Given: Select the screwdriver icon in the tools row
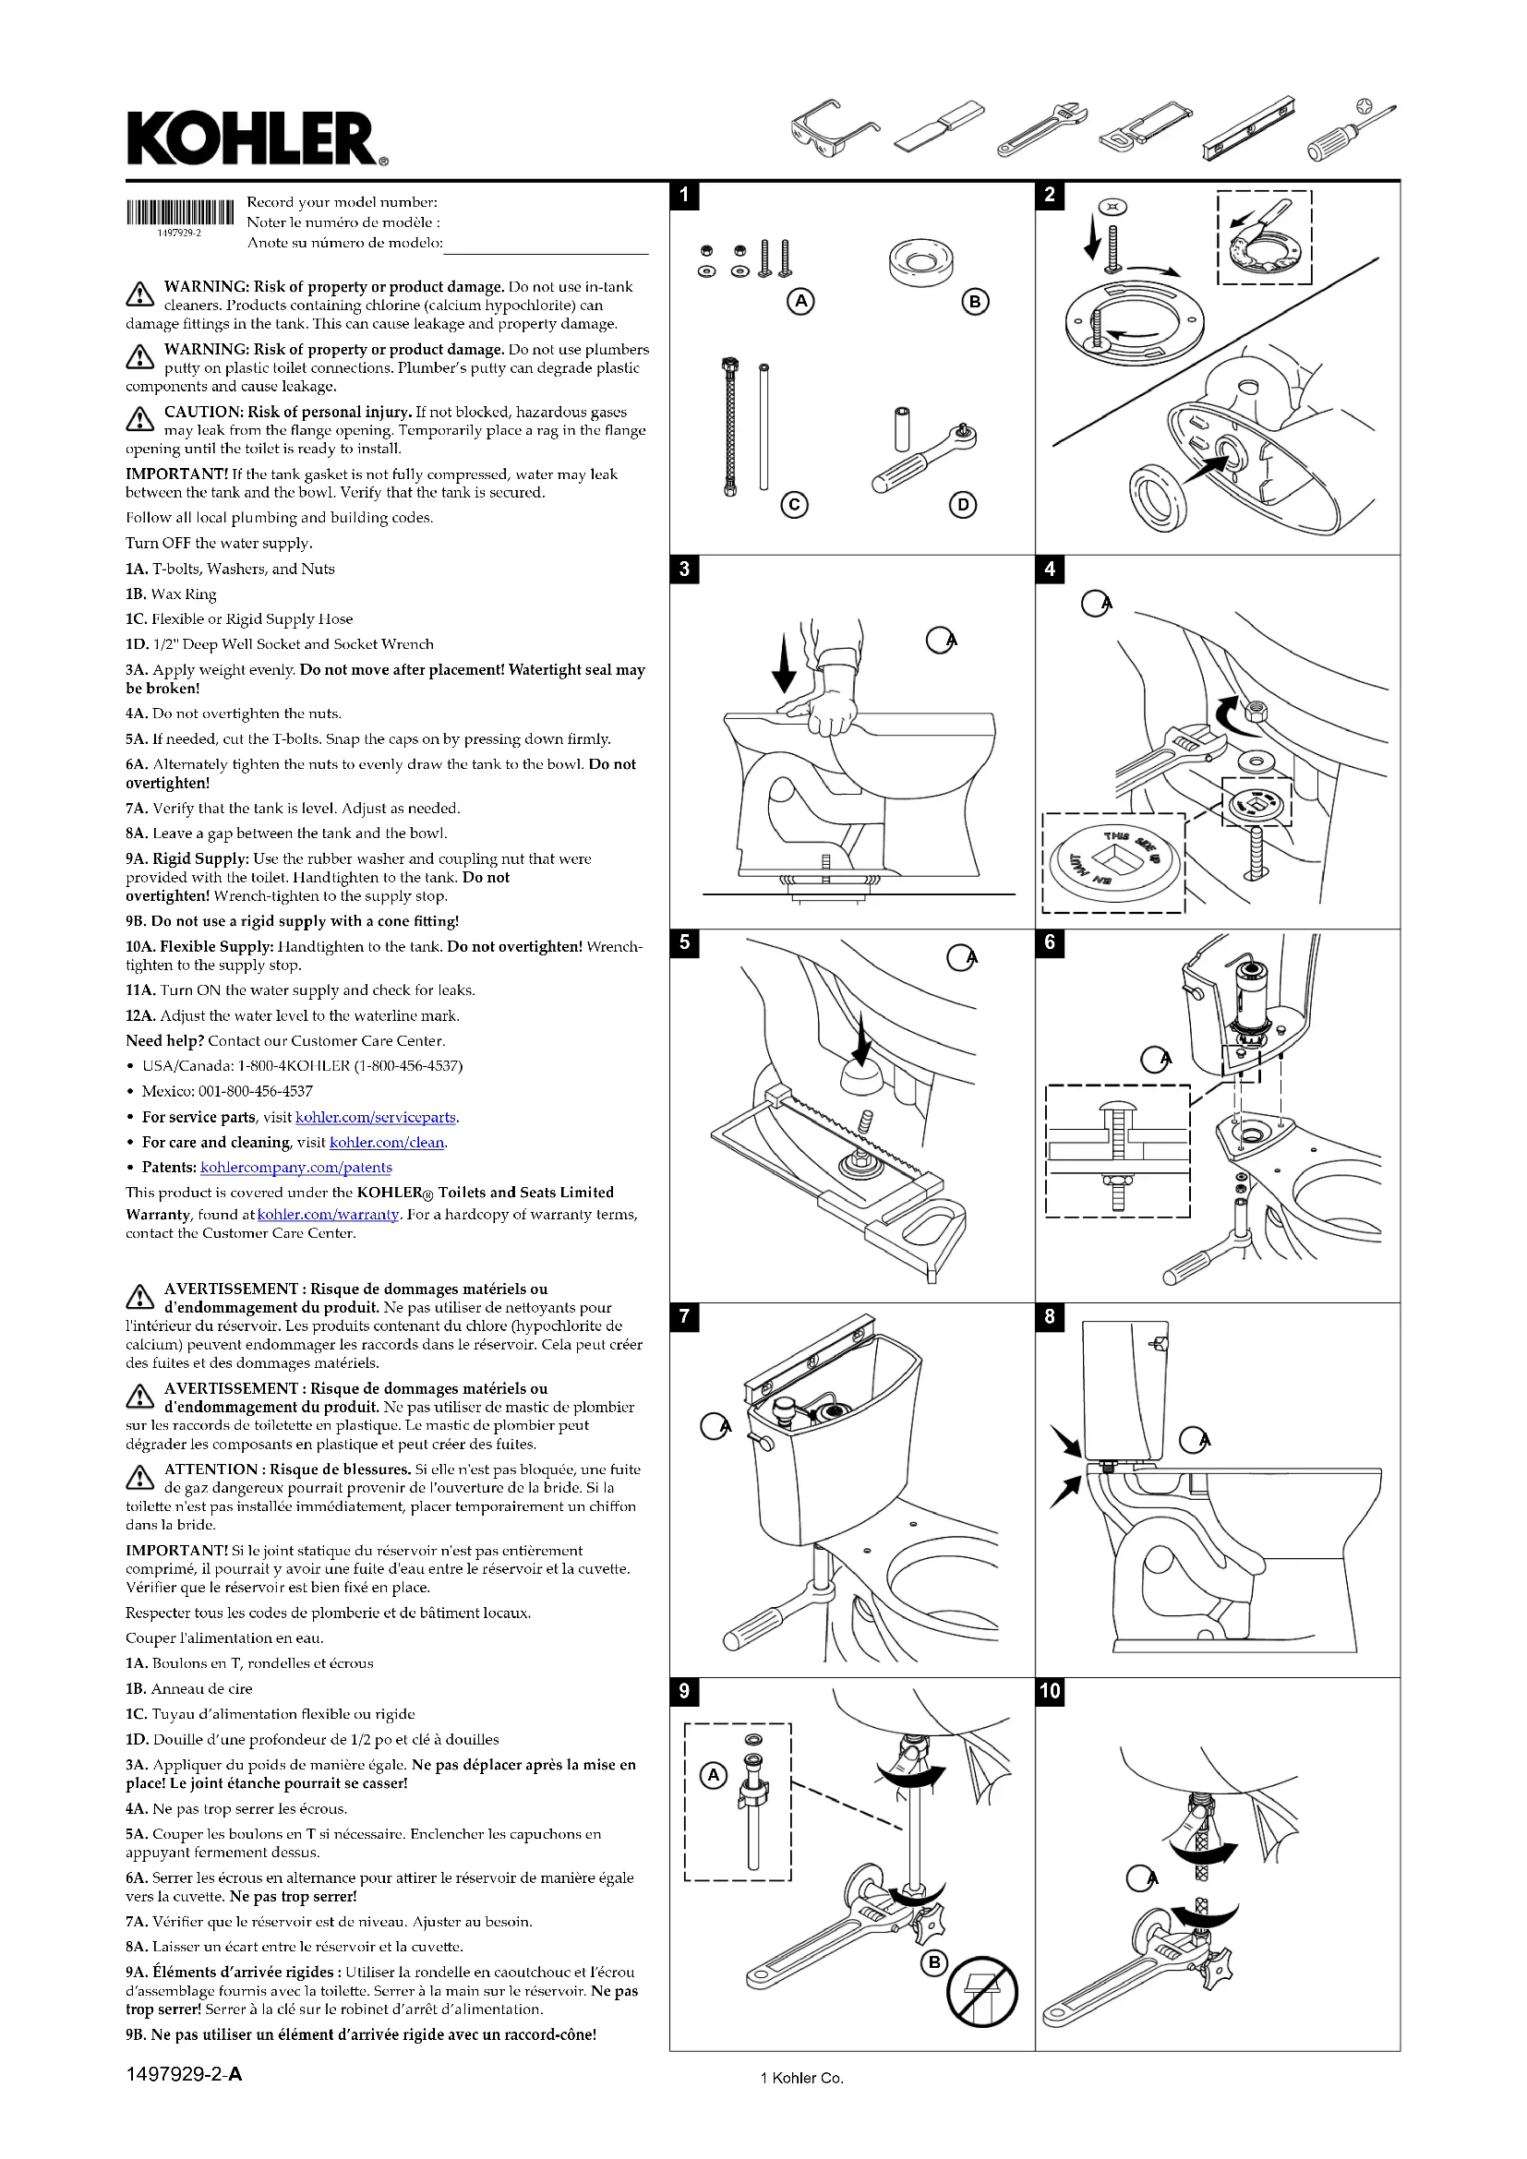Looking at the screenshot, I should tap(1351, 130).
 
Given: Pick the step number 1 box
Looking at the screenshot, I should tap(683, 195).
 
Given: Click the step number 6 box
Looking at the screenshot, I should tap(1050, 942).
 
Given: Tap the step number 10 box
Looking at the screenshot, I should tap(1050, 1690).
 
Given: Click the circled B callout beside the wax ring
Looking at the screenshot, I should tap(975, 302).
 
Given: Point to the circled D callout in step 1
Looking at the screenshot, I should tap(962, 505).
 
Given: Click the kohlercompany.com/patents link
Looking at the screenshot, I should tap(295, 1167).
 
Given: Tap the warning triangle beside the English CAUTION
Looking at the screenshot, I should tap(139, 418).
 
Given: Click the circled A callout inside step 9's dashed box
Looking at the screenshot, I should tap(714, 1774).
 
